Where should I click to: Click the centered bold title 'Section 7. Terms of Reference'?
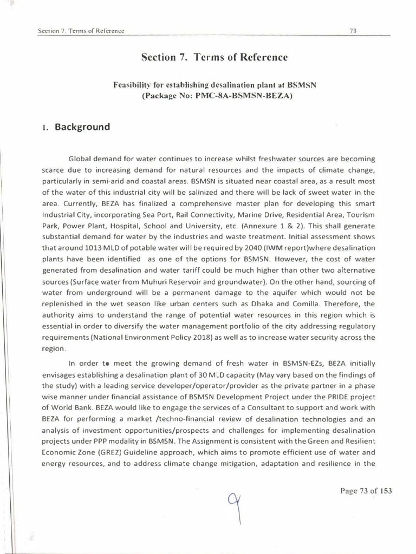(x=214, y=57)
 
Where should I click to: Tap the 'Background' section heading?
(x=82, y=127)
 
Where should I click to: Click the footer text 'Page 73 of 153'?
(x=366, y=491)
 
